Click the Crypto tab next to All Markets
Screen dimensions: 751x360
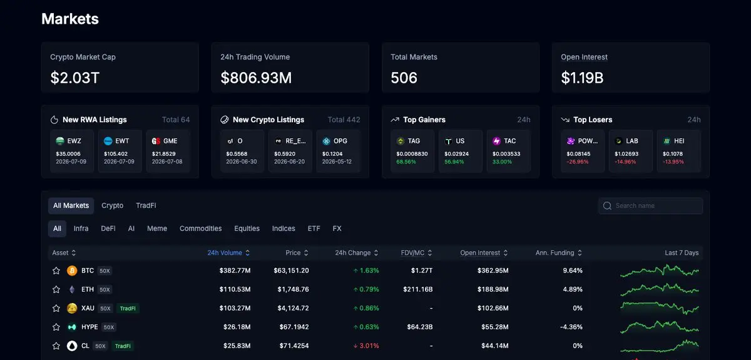pos(112,205)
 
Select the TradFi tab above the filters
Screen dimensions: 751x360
pos(146,205)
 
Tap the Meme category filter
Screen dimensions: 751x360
pos(157,229)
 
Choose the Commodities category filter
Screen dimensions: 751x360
pos(200,229)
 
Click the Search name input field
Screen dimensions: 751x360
pos(651,205)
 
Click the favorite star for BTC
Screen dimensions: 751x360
pos(56,270)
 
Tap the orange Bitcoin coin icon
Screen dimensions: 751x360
pos(72,270)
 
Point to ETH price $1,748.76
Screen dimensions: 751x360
pos(293,289)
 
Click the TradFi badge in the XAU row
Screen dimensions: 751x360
pos(128,308)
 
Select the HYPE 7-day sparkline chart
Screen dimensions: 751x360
pos(660,327)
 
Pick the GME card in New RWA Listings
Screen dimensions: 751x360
pos(168,151)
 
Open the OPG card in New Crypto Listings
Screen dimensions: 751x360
pos(339,151)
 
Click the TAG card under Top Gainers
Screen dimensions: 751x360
pos(412,151)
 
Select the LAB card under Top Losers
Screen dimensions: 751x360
pos(631,151)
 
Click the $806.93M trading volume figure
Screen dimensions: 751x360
pos(256,78)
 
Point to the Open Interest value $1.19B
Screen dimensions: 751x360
pos(582,78)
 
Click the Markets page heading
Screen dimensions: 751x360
pos(70,19)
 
